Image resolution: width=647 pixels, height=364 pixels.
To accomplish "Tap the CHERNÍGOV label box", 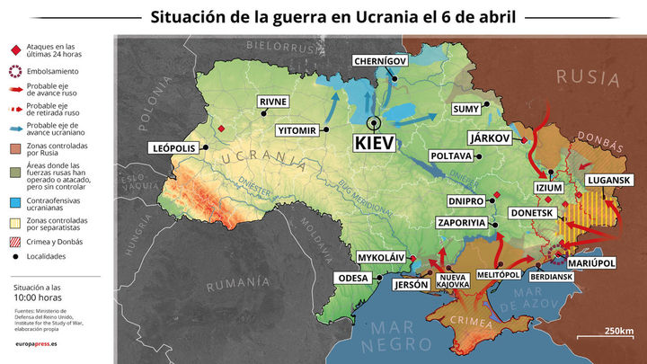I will (x=381, y=61).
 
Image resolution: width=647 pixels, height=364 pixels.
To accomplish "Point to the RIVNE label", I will (x=273, y=102).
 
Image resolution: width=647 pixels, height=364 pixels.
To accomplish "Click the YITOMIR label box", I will (x=297, y=130).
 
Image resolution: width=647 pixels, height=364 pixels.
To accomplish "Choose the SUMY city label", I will (x=465, y=109).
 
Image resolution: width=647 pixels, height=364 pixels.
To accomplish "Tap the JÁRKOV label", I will (x=490, y=138).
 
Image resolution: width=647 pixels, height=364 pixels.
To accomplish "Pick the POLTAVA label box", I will (x=452, y=155).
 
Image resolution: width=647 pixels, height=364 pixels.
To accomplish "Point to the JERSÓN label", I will (x=411, y=284).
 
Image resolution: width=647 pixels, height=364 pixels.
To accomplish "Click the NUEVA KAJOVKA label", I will (x=453, y=280).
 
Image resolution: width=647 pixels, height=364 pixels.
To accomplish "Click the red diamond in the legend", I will (x=15, y=51).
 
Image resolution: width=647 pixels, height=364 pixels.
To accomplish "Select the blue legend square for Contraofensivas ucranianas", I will (x=15, y=201).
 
